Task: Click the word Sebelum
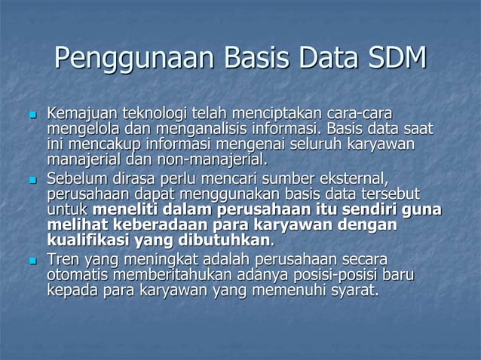(x=76, y=178)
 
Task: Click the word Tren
(x=63, y=260)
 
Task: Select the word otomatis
(x=78, y=275)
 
